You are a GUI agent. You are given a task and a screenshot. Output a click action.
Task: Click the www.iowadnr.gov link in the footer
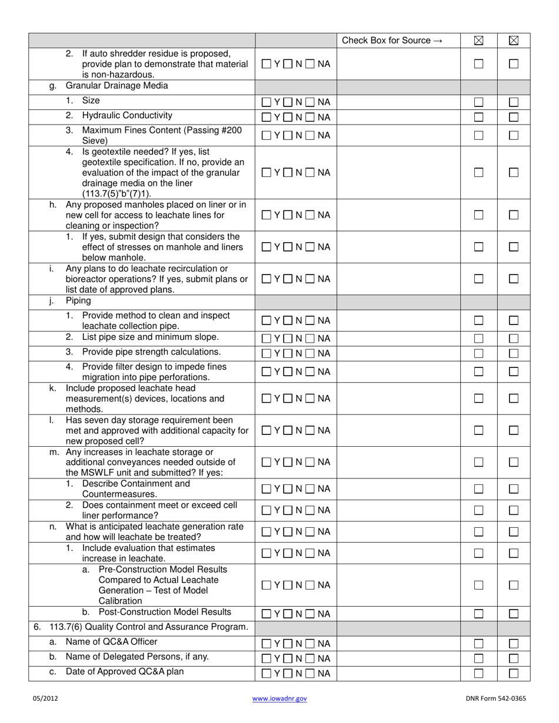point(279,698)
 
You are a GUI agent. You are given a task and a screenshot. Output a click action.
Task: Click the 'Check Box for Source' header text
point(392,41)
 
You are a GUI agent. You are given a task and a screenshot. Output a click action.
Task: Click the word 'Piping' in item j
point(78,301)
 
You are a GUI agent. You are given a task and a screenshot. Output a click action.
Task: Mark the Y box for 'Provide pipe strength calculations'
point(266,353)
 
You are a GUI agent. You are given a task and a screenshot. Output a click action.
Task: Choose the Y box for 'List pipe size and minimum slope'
point(266,339)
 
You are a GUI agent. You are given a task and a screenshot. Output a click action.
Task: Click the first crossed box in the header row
point(478,41)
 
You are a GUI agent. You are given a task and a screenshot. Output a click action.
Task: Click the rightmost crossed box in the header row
point(513,41)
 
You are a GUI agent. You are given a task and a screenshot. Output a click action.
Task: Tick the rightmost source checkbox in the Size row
point(513,102)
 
